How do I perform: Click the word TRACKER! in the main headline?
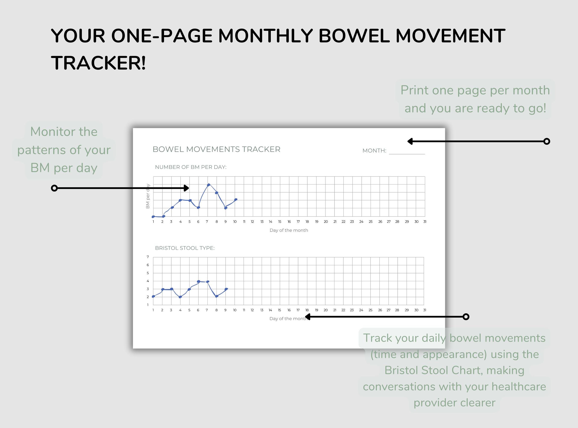pyautogui.click(x=98, y=63)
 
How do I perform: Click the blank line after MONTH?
pyautogui.click(x=407, y=152)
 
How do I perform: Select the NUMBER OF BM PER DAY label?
pyautogui.click(x=191, y=167)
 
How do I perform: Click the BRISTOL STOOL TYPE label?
pyautogui.click(x=185, y=248)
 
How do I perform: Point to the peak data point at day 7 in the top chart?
pyautogui.click(x=208, y=185)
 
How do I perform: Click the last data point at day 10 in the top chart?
pyautogui.click(x=236, y=199)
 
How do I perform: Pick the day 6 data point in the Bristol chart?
pyautogui.click(x=198, y=281)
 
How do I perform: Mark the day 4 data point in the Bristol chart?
pyautogui.click(x=180, y=297)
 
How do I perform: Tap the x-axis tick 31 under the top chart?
pyautogui.click(x=425, y=221)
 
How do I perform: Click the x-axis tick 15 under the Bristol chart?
pyautogui.click(x=279, y=310)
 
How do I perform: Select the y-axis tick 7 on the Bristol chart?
pyautogui.click(x=148, y=257)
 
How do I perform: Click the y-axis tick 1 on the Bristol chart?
pyautogui.click(x=148, y=305)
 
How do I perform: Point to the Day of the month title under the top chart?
pyautogui.click(x=289, y=230)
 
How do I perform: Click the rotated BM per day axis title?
pyautogui.click(x=148, y=196)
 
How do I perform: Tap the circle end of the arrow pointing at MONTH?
pyautogui.click(x=547, y=141)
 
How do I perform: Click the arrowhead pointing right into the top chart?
pyautogui.click(x=186, y=188)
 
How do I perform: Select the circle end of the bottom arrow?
pyautogui.click(x=466, y=317)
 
